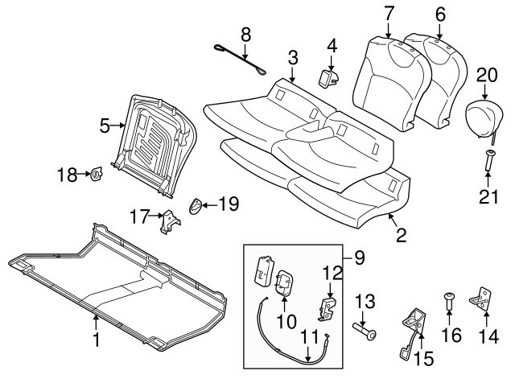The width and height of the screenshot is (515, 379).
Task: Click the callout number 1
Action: click(97, 341)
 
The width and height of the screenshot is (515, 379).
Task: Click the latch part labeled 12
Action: click(329, 305)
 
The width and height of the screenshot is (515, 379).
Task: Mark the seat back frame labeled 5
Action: click(157, 141)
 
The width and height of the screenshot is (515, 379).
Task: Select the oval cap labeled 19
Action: click(196, 207)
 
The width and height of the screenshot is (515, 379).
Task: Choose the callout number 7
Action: click(389, 14)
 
